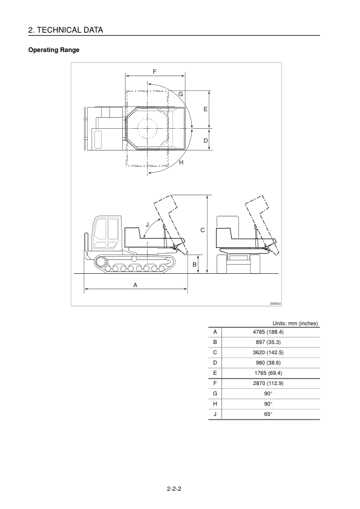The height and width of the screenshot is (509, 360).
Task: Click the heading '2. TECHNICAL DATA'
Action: click(65, 30)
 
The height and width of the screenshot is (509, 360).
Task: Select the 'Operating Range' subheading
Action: click(54, 50)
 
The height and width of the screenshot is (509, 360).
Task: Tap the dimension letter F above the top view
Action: click(155, 71)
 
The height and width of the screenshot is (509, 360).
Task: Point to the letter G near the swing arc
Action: click(181, 94)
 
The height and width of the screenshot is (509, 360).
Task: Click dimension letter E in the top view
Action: click(205, 109)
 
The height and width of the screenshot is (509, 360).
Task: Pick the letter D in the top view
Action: click(205, 141)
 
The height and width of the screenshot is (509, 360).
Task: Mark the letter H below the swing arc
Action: click(182, 162)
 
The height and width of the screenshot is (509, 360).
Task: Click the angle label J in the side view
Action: click(147, 224)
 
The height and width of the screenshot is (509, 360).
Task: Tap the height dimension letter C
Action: click(203, 230)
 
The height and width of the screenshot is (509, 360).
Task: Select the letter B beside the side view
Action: click(195, 265)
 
